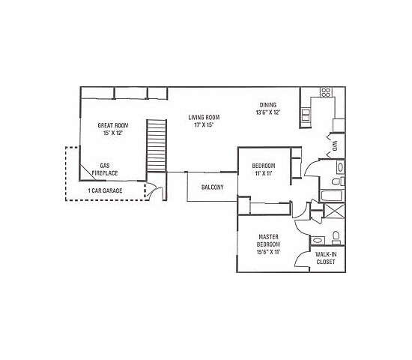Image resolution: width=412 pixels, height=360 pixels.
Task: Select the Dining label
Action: tap(267, 105)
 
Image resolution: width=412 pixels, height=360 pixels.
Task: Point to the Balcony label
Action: tap(212, 187)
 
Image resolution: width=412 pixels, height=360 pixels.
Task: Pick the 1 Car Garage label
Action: tap(104, 190)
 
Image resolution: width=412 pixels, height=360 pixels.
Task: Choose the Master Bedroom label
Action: tap(268, 241)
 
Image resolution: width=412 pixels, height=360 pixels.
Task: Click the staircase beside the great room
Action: tap(155, 145)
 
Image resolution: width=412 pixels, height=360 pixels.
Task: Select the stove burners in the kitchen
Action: tap(326, 94)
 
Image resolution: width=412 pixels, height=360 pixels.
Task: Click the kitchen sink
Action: tap(306, 115)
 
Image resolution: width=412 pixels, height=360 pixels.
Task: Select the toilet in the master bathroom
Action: tap(336, 238)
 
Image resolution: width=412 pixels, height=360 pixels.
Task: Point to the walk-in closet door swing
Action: tap(303, 259)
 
